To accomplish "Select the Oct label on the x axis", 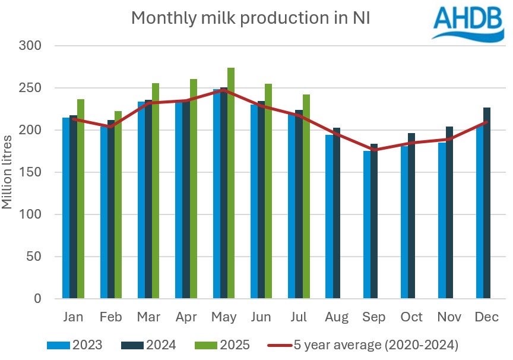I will click(x=411, y=317).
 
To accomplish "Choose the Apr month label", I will click(x=186, y=317).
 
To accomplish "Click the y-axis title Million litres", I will click(x=8, y=172).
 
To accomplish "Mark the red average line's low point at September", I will click(x=374, y=150).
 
